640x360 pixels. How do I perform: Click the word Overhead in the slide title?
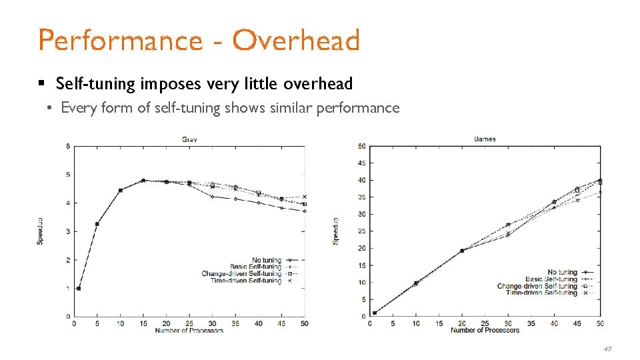coord(296,41)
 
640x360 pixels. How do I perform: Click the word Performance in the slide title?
coord(120,41)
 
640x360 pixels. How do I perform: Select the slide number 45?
coord(607,349)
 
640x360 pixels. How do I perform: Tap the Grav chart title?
coord(190,139)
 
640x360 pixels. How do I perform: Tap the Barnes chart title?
coord(485,139)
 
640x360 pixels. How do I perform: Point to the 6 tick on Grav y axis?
coord(69,146)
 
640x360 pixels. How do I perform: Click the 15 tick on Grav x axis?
coord(143,323)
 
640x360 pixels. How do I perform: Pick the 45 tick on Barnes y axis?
coord(361,163)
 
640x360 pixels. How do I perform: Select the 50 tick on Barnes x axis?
coord(600,323)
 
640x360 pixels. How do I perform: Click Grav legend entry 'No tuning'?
coord(267,260)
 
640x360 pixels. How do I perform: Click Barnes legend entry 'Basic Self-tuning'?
coord(551,279)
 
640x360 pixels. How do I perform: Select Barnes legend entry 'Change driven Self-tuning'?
coord(537,286)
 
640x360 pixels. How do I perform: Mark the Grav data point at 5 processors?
coord(97,224)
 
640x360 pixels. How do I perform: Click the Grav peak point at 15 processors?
coord(143,180)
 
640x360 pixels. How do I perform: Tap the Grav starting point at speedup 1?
coord(79,289)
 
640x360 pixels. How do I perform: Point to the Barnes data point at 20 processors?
coord(462,251)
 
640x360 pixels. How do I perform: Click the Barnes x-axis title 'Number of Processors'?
coord(485,331)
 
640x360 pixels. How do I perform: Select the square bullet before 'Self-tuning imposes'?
coord(41,84)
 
